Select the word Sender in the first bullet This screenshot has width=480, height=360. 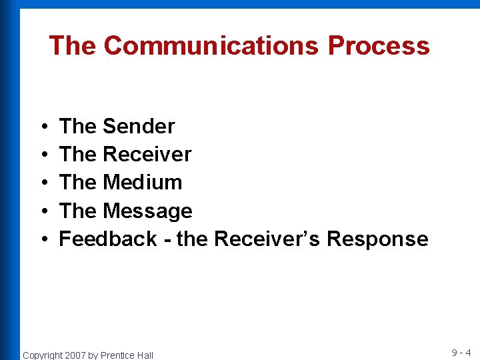[x=139, y=126]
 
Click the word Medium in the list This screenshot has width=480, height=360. [x=142, y=182]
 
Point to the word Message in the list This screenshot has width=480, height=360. [x=147, y=211]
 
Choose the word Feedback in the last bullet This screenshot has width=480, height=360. [x=108, y=239]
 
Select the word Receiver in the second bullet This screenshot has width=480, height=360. [x=147, y=154]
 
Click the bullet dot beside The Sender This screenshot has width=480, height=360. [x=43, y=127]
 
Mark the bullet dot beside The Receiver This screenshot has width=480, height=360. [x=43, y=155]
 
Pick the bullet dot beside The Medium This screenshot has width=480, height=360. [x=43, y=183]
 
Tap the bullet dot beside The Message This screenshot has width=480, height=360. [x=43, y=211]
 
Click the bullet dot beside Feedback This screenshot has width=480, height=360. [x=43, y=239]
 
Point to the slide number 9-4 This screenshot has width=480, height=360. [x=461, y=353]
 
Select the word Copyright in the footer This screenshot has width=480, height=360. [x=43, y=355]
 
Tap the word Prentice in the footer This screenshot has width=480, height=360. [x=117, y=355]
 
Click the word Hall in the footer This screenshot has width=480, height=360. [x=145, y=355]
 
